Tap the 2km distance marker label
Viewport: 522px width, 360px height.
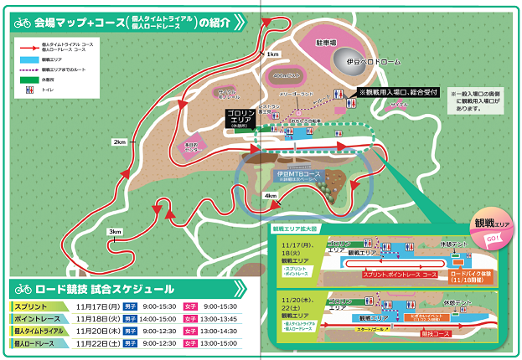(118, 142)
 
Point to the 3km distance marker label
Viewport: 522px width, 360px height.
(115, 232)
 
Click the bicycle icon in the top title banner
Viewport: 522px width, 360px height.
(23, 24)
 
